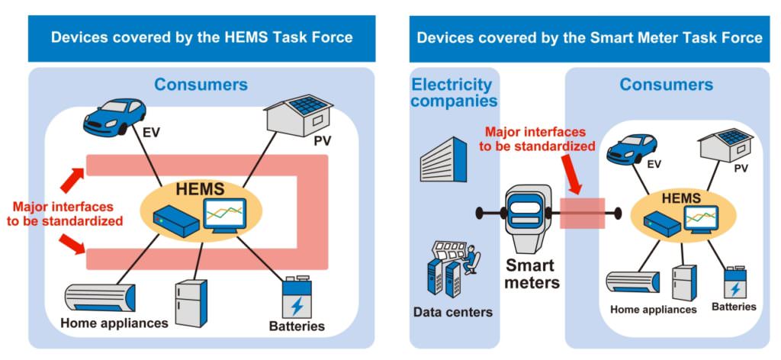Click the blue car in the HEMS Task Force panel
114,115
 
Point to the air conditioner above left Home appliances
100,298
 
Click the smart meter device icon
529,217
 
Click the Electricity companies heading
454,92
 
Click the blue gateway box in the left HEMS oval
174,221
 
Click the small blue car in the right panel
632,147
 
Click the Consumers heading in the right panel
666,85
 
